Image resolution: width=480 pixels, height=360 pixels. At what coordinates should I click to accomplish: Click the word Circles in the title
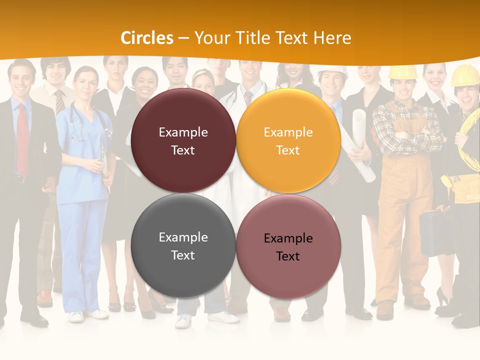click(x=147, y=38)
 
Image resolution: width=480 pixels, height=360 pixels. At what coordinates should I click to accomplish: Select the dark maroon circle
click(x=183, y=140)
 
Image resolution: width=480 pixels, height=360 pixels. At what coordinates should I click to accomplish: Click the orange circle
click(x=288, y=140)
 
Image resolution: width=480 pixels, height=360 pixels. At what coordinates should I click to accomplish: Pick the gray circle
click(x=183, y=246)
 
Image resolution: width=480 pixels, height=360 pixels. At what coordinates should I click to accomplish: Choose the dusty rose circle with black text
click(x=288, y=246)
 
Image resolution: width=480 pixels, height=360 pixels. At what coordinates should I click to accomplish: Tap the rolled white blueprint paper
click(x=363, y=145)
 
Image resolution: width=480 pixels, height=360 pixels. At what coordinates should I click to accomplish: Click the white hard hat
click(x=332, y=70)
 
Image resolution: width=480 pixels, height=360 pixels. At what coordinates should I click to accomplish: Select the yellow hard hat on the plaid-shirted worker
click(x=403, y=72)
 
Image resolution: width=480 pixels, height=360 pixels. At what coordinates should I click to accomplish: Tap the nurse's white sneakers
click(x=90, y=315)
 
